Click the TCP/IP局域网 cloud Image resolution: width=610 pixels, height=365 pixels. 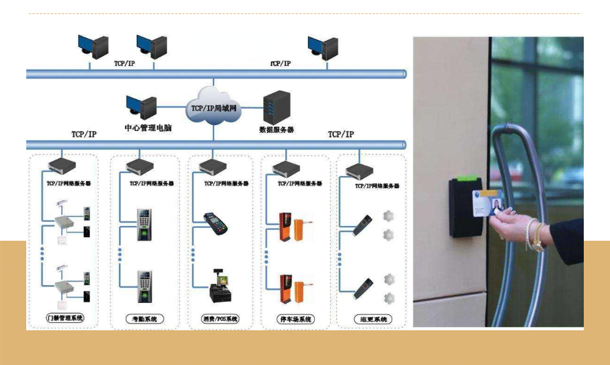click(x=213, y=107)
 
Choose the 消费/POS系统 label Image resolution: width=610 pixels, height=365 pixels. click(x=220, y=319)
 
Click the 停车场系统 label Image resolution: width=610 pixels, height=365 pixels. click(x=296, y=319)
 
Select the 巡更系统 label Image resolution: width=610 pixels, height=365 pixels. click(x=373, y=319)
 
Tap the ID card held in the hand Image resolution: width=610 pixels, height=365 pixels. click(x=492, y=202)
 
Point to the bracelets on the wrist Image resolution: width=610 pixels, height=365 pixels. click(x=536, y=235)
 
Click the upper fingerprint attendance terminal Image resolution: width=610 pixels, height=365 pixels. click(x=145, y=225)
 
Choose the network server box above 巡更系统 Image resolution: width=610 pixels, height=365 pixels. click(x=359, y=169)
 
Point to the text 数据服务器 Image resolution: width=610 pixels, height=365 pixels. click(x=276, y=129)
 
